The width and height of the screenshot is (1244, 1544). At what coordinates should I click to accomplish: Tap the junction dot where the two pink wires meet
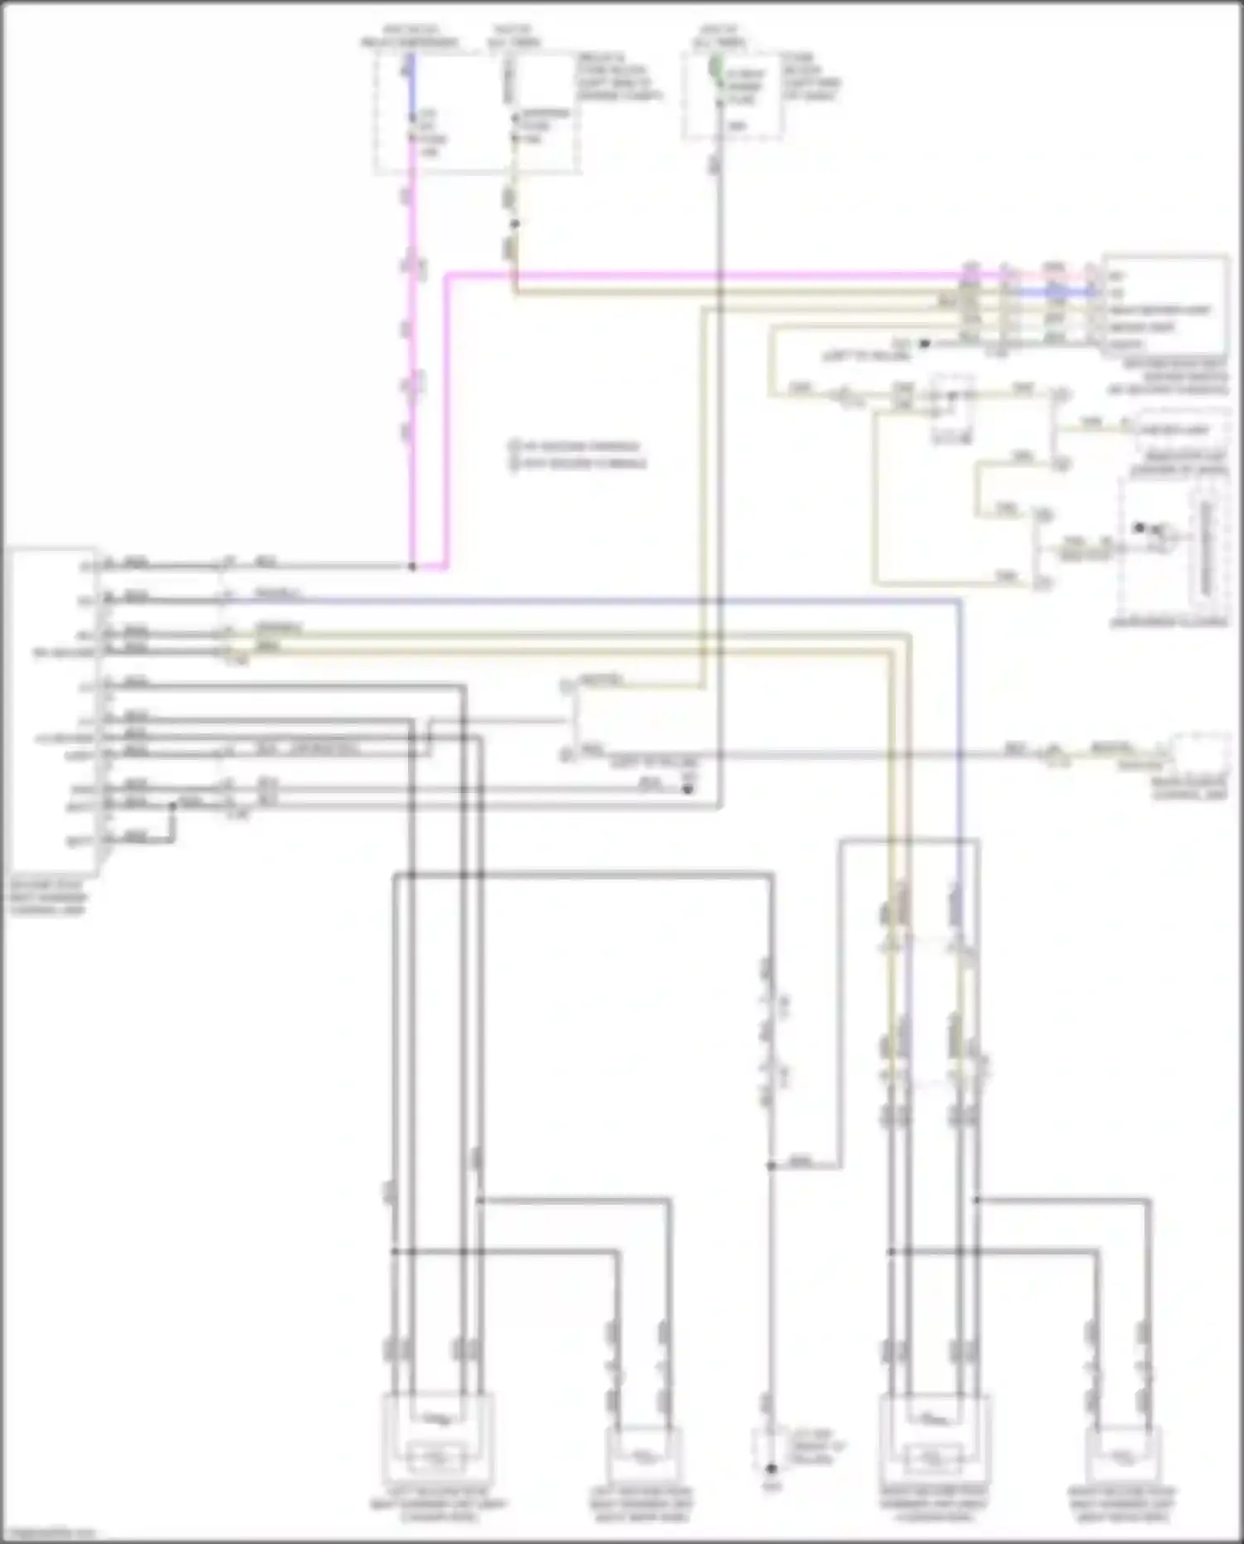click(x=412, y=567)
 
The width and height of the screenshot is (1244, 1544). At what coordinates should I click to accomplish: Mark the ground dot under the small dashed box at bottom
click(x=770, y=1469)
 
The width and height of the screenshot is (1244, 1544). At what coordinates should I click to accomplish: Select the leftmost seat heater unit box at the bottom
click(x=438, y=1434)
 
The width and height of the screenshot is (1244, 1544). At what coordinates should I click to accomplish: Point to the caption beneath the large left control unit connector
click(x=48, y=898)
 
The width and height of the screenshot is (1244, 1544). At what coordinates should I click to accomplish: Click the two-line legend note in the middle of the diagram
click(x=578, y=455)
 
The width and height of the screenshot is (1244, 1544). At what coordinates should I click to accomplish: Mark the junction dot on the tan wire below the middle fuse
click(x=514, y=224)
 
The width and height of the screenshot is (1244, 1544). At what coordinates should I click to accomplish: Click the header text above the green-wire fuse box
click(x=718, y=36)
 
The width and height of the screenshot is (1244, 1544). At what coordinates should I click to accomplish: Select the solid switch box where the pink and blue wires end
click(x=1166, y=305)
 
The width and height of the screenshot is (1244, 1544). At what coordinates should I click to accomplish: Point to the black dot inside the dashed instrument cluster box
click(x=1140, y=528)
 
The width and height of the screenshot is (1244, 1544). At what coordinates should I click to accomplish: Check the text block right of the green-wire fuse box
click(x=811, y=77)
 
